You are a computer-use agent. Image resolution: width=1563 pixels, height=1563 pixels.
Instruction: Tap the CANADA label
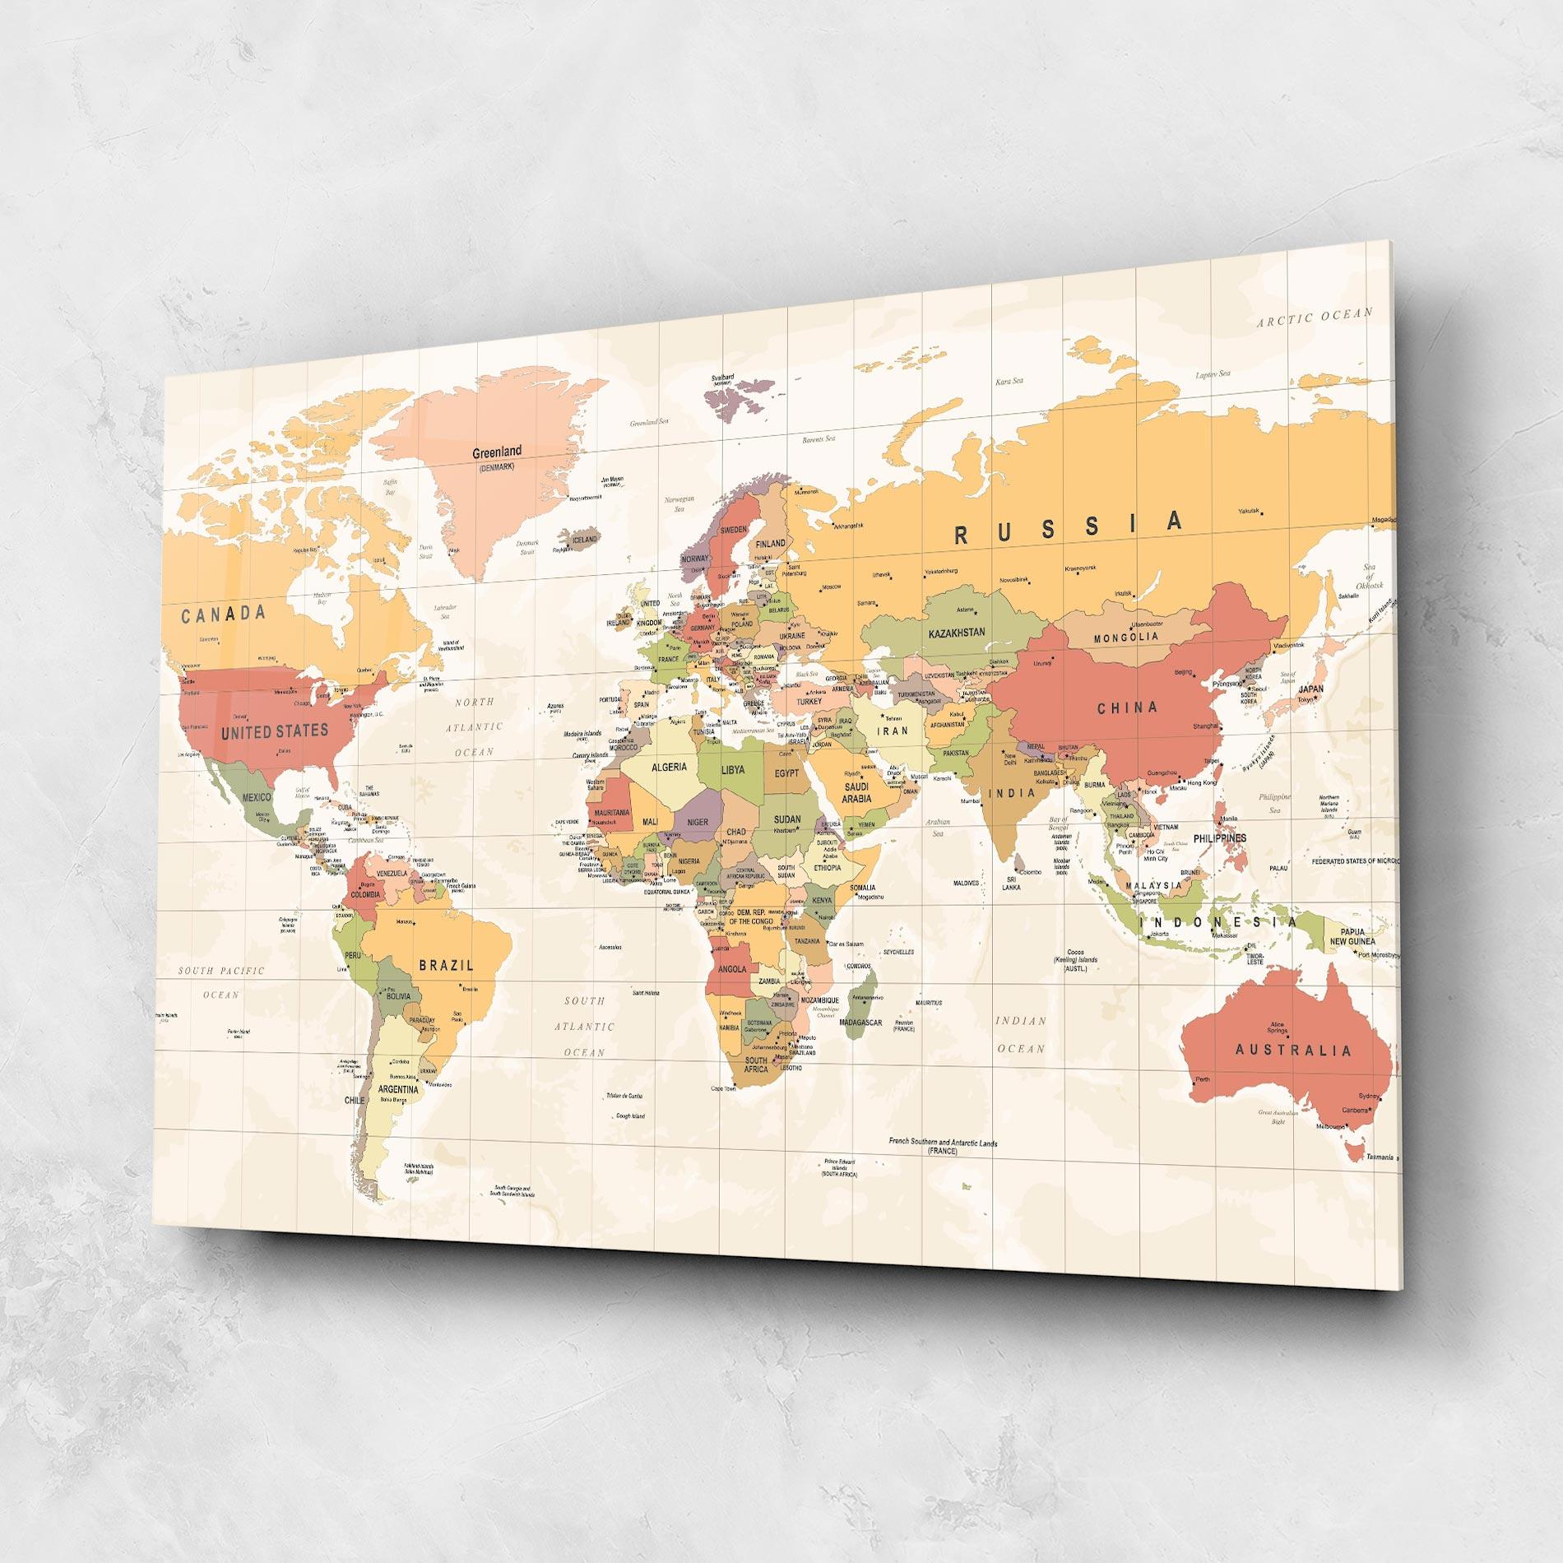(224, 613)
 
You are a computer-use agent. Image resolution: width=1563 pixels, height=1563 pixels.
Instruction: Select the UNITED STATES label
(274, 730)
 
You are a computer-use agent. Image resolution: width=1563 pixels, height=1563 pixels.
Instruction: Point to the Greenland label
(496, 452)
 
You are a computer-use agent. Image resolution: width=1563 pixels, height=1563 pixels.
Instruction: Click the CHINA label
(1127, 707)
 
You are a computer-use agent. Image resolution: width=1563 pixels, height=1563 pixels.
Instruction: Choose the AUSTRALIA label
(1292, 1051)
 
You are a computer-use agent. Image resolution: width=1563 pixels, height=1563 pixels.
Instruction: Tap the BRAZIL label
(447, 965)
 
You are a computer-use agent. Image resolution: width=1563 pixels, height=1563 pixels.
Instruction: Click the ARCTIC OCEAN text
(1315, 318)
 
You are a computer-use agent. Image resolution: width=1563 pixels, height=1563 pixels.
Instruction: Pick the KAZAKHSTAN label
(956, 633)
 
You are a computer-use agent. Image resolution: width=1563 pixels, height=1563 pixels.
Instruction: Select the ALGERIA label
(669, 768)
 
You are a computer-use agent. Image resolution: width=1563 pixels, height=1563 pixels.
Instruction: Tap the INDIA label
(1011, 794)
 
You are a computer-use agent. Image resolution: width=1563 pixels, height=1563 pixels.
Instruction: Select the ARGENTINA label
(398, 1089)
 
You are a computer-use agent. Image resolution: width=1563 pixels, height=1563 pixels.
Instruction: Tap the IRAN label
(893, 730)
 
